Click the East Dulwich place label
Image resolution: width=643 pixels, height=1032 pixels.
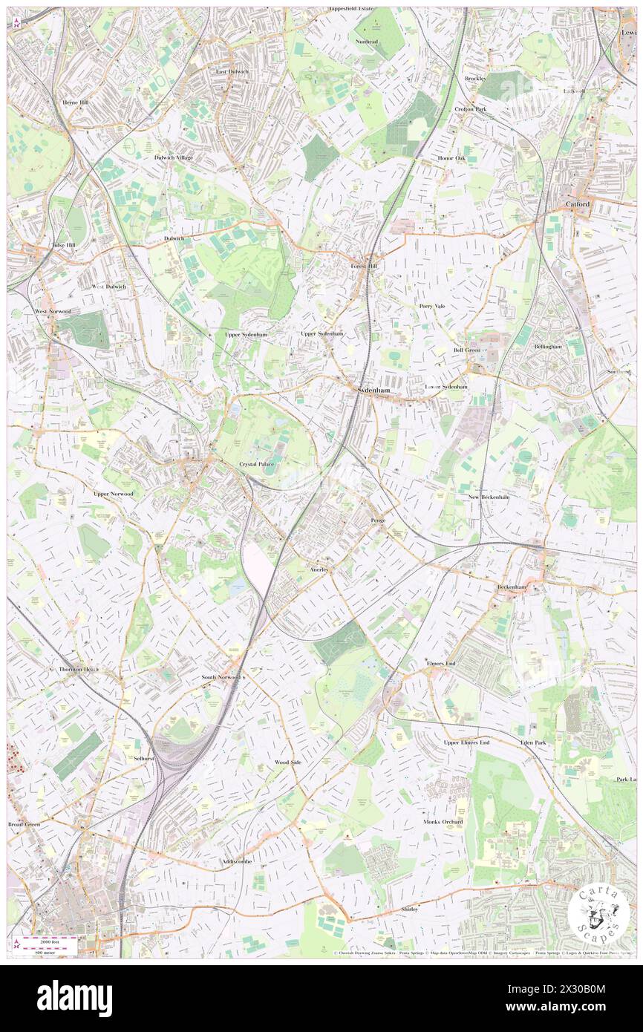[x=232, y=71]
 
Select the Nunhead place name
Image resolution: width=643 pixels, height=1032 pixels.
[x=366, y=42]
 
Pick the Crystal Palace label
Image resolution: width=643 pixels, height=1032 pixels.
[x=256, y=464]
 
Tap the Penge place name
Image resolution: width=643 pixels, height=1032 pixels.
[x=377, y=520]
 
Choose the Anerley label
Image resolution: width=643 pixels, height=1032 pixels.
[x=320, y=568]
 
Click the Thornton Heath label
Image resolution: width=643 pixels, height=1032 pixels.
[x=79, y=669]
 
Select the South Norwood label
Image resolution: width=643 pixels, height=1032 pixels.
[x=221, y=677]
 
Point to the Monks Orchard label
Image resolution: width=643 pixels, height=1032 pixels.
[x=443, y=822]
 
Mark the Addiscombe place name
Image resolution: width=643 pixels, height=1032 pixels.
[x=237, y=861]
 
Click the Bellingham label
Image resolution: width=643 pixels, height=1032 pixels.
[x=549, y=346]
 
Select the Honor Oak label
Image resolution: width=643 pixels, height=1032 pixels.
[x=451, y=157]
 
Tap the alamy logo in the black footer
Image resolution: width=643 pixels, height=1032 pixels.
[x=74, y=999]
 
